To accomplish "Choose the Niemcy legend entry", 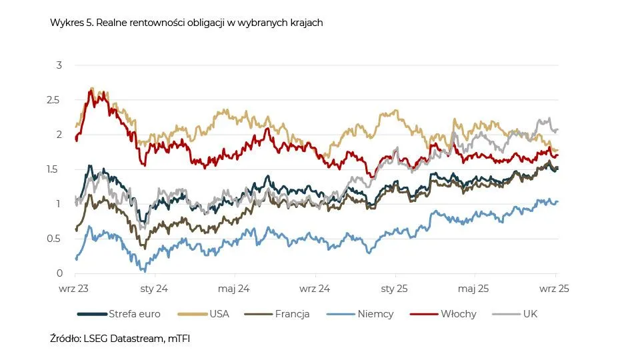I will pos(375,313).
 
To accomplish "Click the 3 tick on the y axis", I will pos(59,65).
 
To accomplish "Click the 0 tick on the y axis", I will pos(59,273).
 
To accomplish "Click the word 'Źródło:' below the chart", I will pos(66,339).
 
